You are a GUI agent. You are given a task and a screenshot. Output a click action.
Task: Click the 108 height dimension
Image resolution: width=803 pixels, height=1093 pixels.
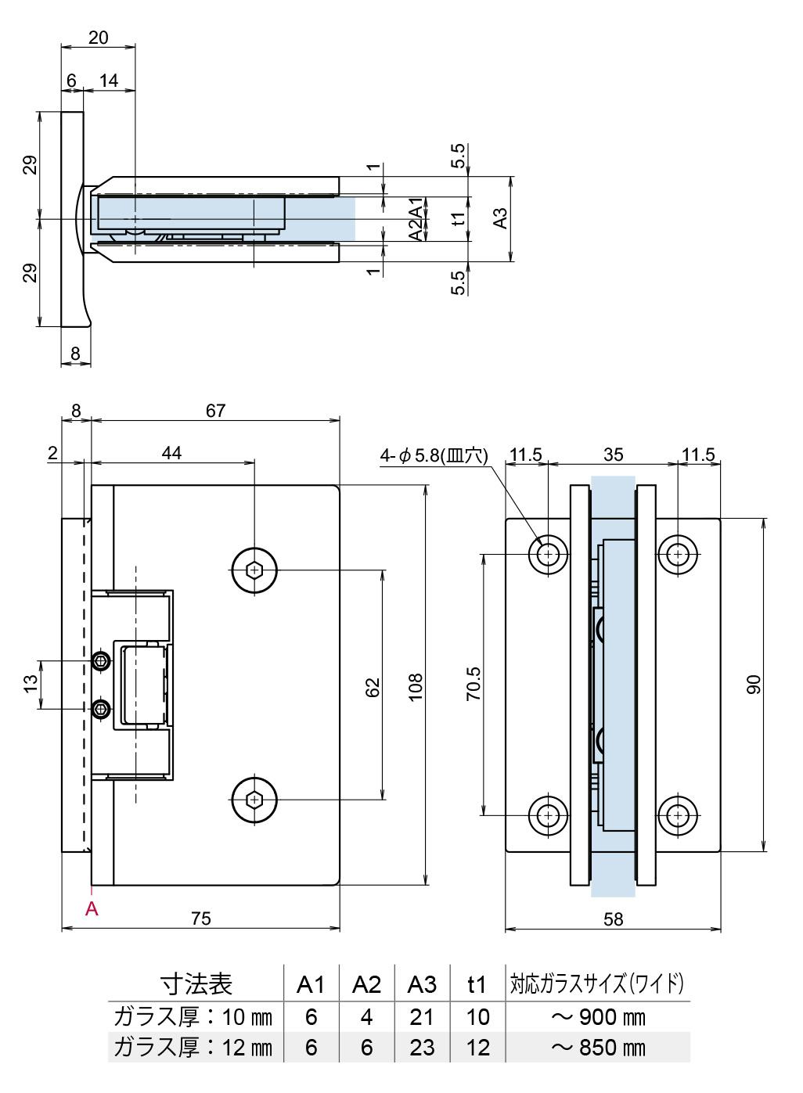[x=416, y=686]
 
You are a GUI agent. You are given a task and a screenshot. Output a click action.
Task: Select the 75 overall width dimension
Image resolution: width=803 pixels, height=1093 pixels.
[x=201, y=918]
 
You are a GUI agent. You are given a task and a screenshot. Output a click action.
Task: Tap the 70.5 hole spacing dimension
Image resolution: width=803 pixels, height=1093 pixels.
[x=474, y=683]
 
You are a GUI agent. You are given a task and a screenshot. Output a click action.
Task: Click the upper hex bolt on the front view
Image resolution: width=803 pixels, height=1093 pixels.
[x=254, y=570]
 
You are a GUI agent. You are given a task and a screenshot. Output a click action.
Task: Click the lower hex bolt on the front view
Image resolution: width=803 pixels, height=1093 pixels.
[x=254, y=800]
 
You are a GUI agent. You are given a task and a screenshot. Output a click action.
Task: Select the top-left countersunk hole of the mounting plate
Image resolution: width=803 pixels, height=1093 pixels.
[x=549, y=554]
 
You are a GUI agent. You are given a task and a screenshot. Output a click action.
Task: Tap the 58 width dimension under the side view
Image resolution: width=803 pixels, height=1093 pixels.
[x=614, y=919]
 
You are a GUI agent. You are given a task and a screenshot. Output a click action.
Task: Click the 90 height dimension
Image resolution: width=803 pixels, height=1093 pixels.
[x=753, y=685]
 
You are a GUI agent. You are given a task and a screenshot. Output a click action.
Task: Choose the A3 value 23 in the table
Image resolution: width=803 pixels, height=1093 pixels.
[x=422, y=1047]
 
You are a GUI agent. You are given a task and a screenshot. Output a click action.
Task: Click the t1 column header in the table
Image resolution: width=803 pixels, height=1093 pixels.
[x=477, y=984]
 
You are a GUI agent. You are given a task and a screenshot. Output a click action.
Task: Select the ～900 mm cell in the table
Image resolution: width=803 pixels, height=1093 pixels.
[x=599, y=1016]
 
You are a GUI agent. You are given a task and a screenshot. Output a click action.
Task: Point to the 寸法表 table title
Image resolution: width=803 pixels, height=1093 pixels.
[x=196, y=983]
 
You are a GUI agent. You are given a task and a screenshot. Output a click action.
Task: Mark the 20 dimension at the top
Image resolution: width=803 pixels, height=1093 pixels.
[x=99, y=38]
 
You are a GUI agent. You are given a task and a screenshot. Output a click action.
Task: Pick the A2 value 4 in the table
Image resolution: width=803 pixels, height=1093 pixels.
[x=367, y=1016]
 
